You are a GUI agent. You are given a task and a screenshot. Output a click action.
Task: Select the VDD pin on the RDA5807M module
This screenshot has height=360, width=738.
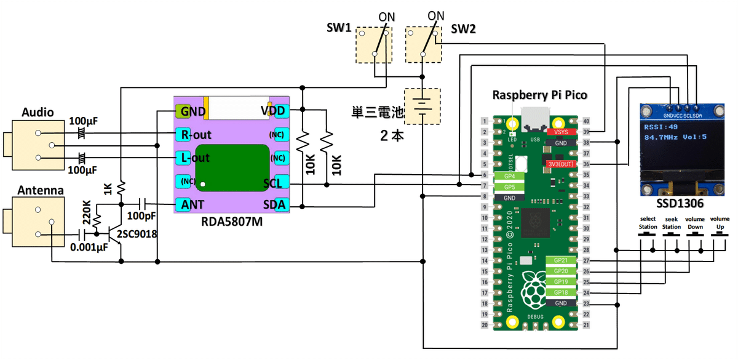click(x=274, y=111)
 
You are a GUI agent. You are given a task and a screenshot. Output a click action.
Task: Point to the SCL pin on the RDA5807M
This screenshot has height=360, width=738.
click(x=274, y=183)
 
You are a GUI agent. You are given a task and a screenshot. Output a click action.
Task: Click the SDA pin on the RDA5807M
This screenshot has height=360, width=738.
click(x=274, y=204)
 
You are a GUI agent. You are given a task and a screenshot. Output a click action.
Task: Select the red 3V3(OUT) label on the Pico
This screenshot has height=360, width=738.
click(x=560, y=164)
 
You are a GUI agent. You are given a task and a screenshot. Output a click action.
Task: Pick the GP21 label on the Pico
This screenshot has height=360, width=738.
click(x=560, y=260)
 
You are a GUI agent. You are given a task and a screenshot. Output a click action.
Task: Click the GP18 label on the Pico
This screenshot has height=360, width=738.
click(x=560, y=292)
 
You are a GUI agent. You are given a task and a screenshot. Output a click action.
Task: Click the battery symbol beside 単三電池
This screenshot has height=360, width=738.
click(x=421, y=106)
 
